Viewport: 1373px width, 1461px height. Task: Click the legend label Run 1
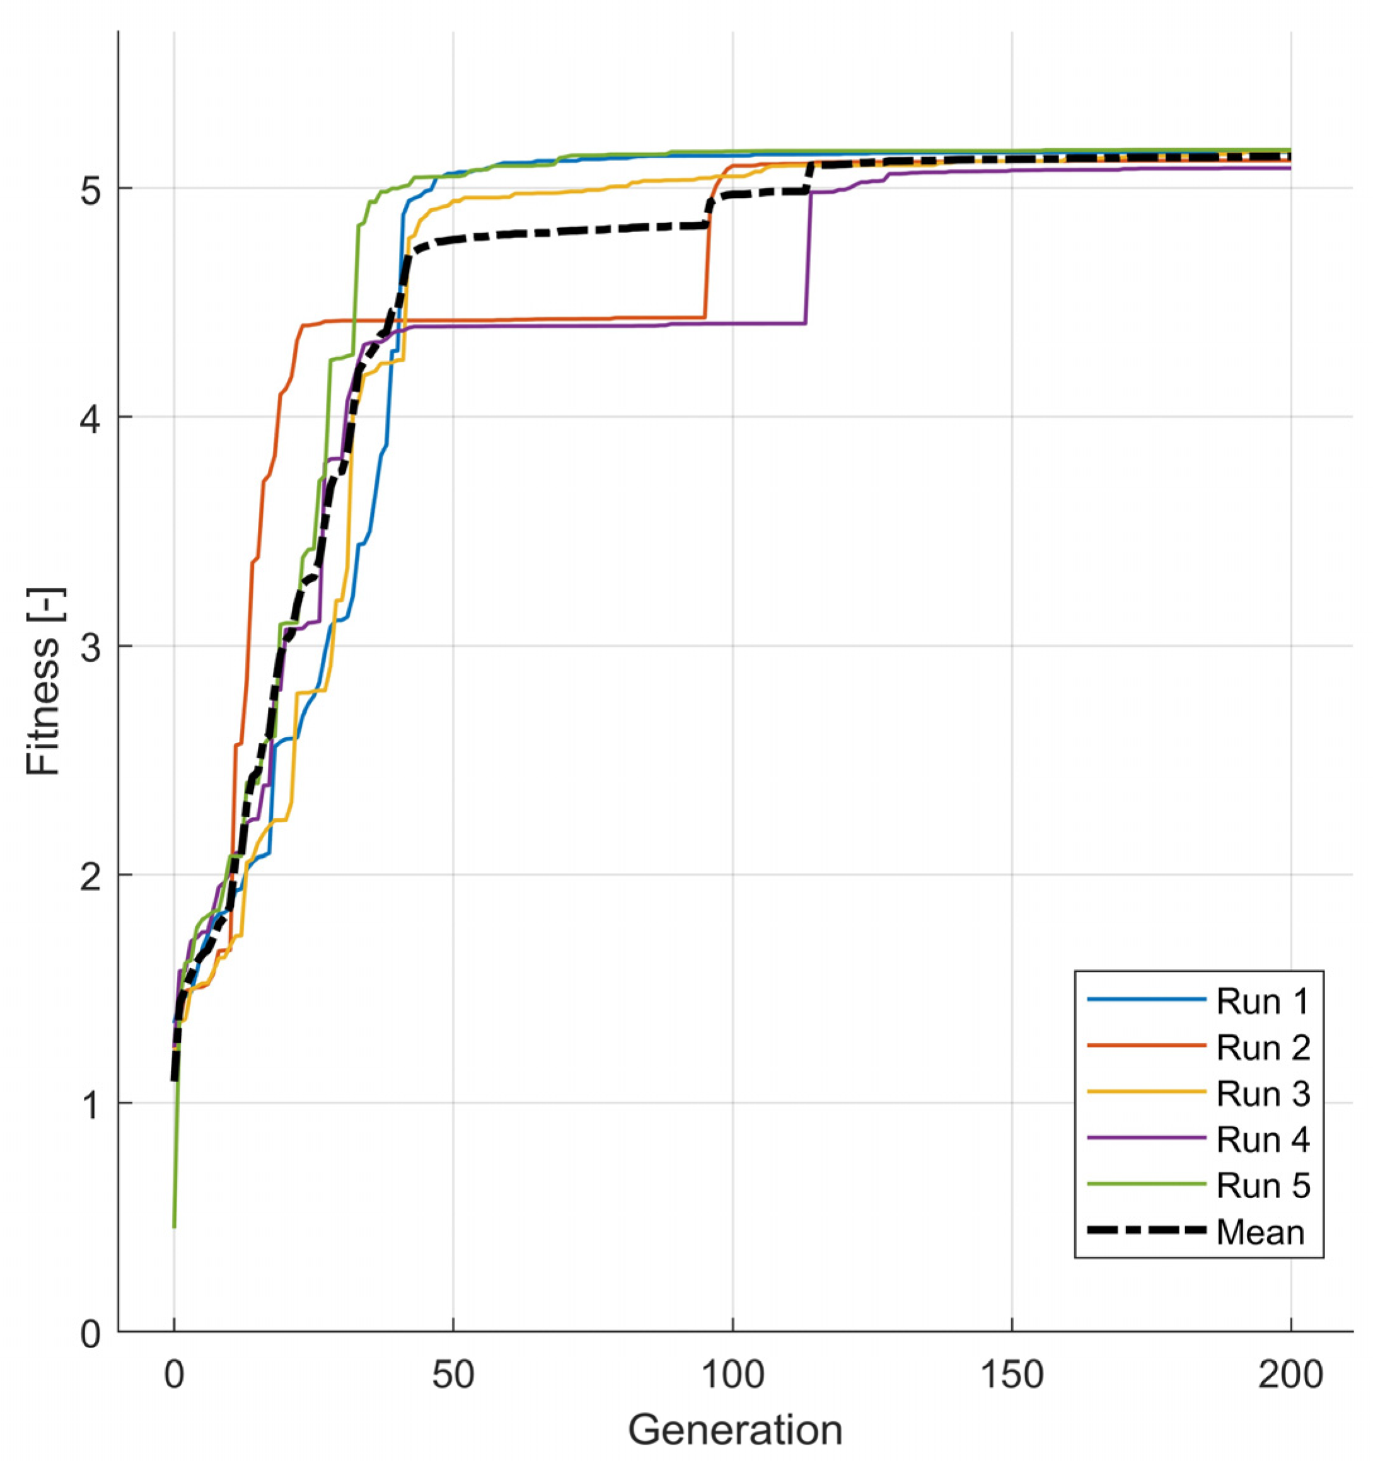[x=1263, y=1002]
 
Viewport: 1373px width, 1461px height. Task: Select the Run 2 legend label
[x=1263, y=1048]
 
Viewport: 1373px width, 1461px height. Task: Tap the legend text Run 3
[x=1263, y=1094]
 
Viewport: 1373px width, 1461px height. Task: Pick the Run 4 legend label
[x=1263, y=1140]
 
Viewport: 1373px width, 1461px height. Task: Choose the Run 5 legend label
[x=1263, y=1186]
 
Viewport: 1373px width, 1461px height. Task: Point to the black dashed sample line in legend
[x=1147, y=1230]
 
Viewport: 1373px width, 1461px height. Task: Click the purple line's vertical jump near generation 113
[x=809, y=257]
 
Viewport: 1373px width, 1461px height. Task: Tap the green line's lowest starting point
[x=174, y=1227]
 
